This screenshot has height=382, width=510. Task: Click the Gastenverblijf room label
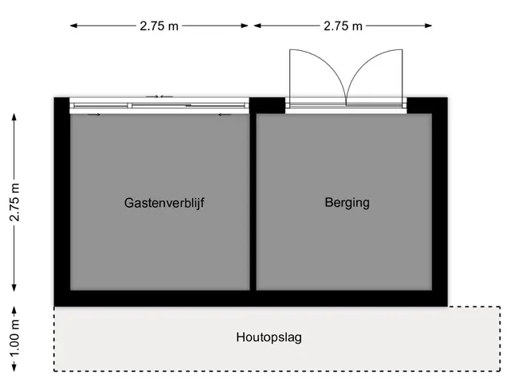(x=164, y=203)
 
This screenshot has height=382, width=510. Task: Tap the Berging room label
(x=347, y=203)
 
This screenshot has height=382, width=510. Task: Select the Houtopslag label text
(x=269, y=337)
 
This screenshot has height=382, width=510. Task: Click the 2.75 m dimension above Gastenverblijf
(x=159, y=25)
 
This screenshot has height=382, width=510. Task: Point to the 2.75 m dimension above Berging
(x=343, y=25)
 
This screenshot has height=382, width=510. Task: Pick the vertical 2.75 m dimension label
(x=14, y=202)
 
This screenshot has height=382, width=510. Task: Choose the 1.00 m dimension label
(x=14, y=338)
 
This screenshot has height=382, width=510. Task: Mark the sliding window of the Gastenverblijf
(x=159, y=106)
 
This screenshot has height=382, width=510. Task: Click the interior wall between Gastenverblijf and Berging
(x=253, y=201)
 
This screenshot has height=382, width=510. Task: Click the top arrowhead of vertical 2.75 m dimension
(x=14, y=117)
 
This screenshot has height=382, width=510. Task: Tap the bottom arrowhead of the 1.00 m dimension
(x=14, y=368)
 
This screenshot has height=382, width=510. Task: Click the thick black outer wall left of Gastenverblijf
(x=62, y=201)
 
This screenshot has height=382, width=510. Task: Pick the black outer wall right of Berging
(x=440, y=201)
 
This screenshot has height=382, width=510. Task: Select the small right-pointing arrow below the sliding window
(x=94, y=115)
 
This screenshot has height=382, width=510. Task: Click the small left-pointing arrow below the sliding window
(x=225, y=115)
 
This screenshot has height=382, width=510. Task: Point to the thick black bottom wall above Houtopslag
(x=251, y=298)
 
